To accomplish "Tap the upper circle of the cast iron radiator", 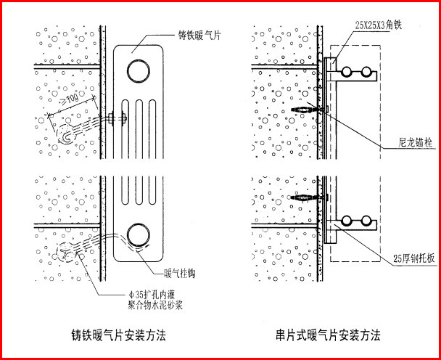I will coord(136,70).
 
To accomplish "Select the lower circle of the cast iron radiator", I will coord(136,234).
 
